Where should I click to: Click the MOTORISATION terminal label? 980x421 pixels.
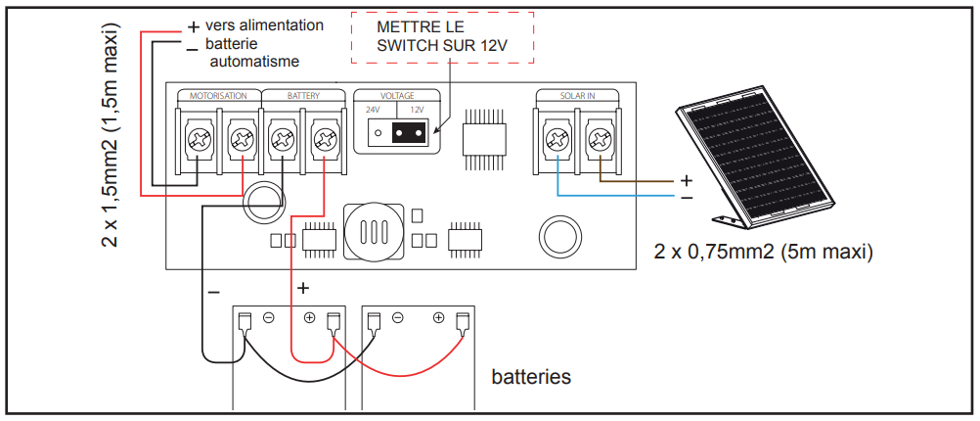(218, 97)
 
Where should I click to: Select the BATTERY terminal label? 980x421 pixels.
(303, 97)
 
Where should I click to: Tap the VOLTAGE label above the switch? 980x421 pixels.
(397, 96)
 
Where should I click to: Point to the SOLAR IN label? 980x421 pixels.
(577, 96)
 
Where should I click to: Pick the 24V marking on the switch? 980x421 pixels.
(373, 110)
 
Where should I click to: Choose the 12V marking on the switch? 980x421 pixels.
(416, 110)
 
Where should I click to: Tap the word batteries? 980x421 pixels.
(531, 376)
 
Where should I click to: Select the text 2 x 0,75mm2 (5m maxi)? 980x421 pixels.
(763, 251)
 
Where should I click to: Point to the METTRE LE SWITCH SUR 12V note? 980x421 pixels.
(442, 37)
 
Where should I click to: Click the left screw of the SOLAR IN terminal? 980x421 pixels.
(557, 140)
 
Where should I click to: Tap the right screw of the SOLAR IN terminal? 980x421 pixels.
(598, 140)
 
